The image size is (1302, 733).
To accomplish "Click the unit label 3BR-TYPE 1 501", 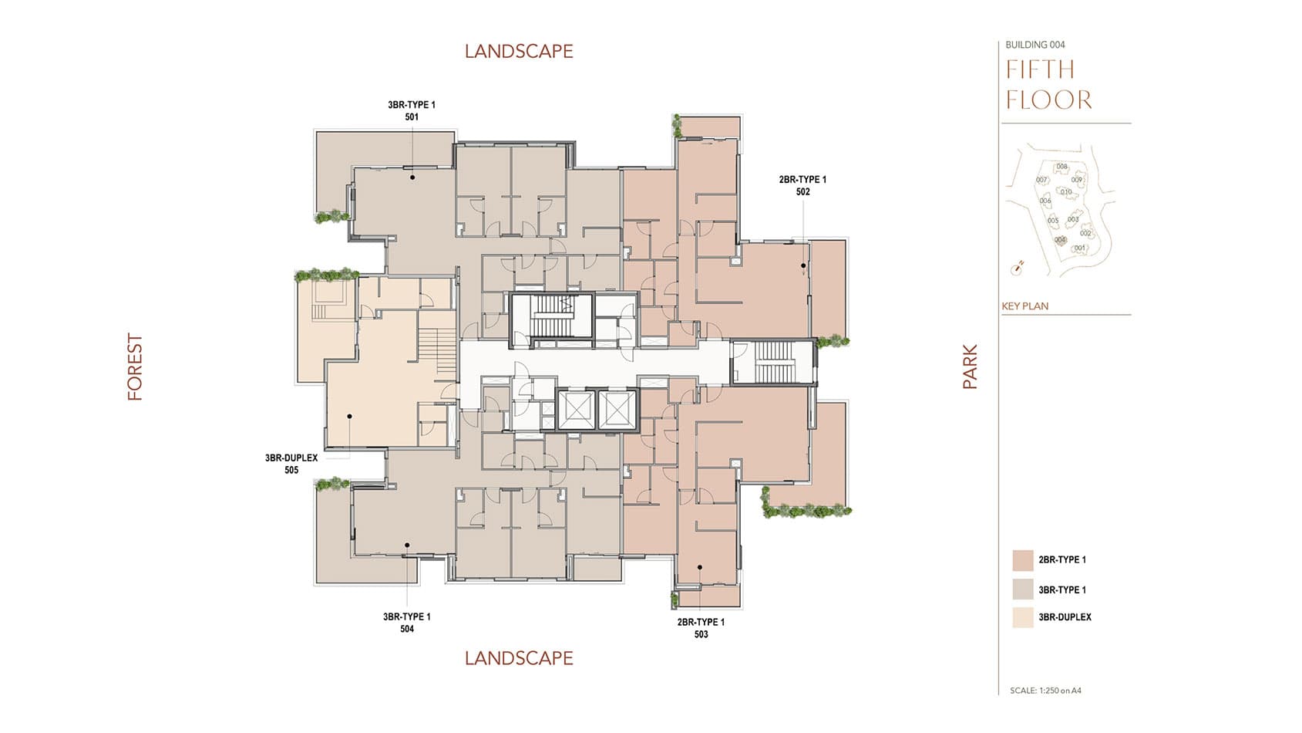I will coord(412,110).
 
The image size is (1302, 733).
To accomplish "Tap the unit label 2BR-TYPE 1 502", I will coord(802,185).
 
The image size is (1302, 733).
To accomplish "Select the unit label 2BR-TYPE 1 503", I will coord(701,628).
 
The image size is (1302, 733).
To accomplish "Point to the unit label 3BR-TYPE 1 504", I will coord(407,623).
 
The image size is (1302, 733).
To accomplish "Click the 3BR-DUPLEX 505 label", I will coord(291,464).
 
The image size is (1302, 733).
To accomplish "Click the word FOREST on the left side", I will coord(136,366).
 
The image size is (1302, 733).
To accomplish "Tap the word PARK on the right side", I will coord(970,366).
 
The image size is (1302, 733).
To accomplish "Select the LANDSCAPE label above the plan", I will coord(519,52).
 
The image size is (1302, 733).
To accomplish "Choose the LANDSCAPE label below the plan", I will coord(519,658).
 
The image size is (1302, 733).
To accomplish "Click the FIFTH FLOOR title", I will coord(1048,85).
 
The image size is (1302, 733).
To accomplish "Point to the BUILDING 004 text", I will coord(1035,45).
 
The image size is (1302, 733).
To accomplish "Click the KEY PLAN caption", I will coord(1025,306).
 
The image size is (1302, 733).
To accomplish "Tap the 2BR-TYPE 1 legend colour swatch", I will coord(1023,560).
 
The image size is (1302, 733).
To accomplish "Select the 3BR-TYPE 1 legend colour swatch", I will coord(1023,589).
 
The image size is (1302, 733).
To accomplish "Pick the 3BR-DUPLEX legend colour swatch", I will coord(1023,617).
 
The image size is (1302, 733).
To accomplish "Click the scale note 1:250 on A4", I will coord(1045,691).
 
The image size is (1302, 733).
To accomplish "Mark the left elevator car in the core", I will coord(576,410).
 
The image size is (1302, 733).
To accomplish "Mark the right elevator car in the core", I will coord(617,410).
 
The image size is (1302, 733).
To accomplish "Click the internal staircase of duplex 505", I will coord(438,351).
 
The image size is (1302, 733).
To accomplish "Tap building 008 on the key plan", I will coord(1061,167).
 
